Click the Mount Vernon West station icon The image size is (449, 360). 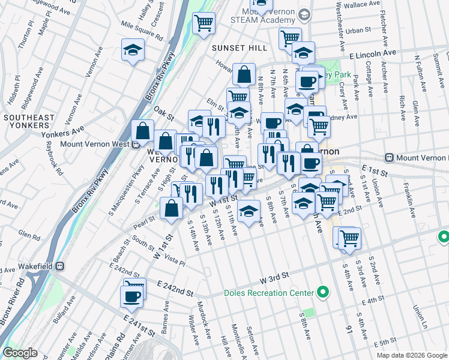pyautogui.click(x=136, y=143)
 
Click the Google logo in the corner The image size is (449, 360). pyautogui.click(x=20, y=353)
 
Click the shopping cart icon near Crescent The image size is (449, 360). pyautogui.click(x=203, y=23)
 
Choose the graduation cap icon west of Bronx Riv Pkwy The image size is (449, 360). pyautogui.click(x=133, y=50)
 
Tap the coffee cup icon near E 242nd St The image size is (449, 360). pyautogui.click(x=132, y=296)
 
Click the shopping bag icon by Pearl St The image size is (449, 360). pyautogui.click(x=172, y=208)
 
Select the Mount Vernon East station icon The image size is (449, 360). pyautogui.click(x=390, y=157)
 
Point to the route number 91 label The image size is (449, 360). pyautogui.click(x=348, y=329)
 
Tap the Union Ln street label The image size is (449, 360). pyautogui.click(x=417, y=312)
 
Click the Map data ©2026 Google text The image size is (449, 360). pyautogui.click(x=411, y=355)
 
